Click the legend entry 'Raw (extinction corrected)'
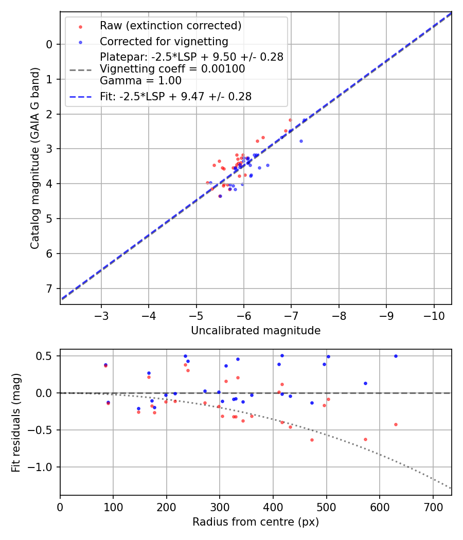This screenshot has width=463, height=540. coord(170,26)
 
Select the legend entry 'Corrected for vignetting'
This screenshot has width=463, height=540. coord(164,41)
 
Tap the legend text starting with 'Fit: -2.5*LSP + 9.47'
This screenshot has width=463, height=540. coord(175,97)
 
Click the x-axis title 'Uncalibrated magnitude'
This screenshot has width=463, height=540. coord(256,331)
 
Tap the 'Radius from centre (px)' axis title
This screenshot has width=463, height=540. coord(256,522)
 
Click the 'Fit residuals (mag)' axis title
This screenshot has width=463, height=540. coord(16,422)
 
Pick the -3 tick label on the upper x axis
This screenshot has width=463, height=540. coord(101,314)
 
